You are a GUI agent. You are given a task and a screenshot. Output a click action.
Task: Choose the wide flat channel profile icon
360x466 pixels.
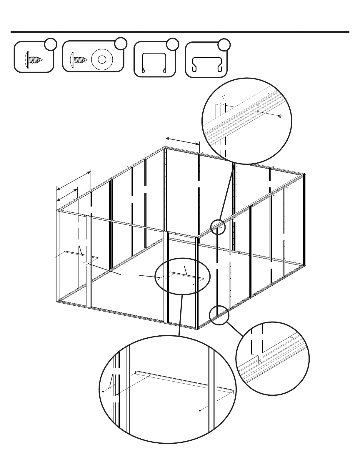point(206,64)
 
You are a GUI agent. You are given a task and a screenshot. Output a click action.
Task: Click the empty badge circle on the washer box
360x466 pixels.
point(121,44)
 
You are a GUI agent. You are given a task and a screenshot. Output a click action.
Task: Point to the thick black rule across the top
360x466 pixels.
point(180,32)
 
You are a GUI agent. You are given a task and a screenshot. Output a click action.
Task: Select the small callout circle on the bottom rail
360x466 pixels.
point(219,315)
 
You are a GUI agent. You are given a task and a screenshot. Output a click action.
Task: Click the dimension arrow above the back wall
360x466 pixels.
point(182,140)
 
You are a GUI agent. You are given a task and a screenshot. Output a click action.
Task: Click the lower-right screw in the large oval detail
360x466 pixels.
point(200,411)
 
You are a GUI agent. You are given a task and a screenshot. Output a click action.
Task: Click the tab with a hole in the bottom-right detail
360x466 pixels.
point(260,359)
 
